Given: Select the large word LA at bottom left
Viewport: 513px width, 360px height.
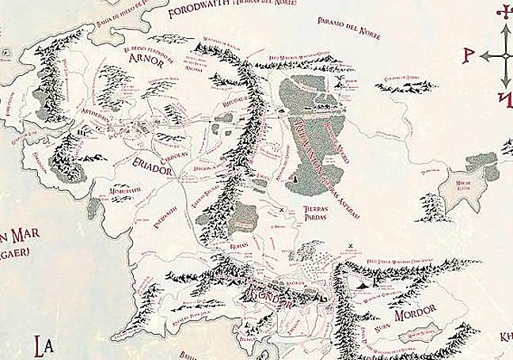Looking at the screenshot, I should pyautogui.click(x=44, y=345).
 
